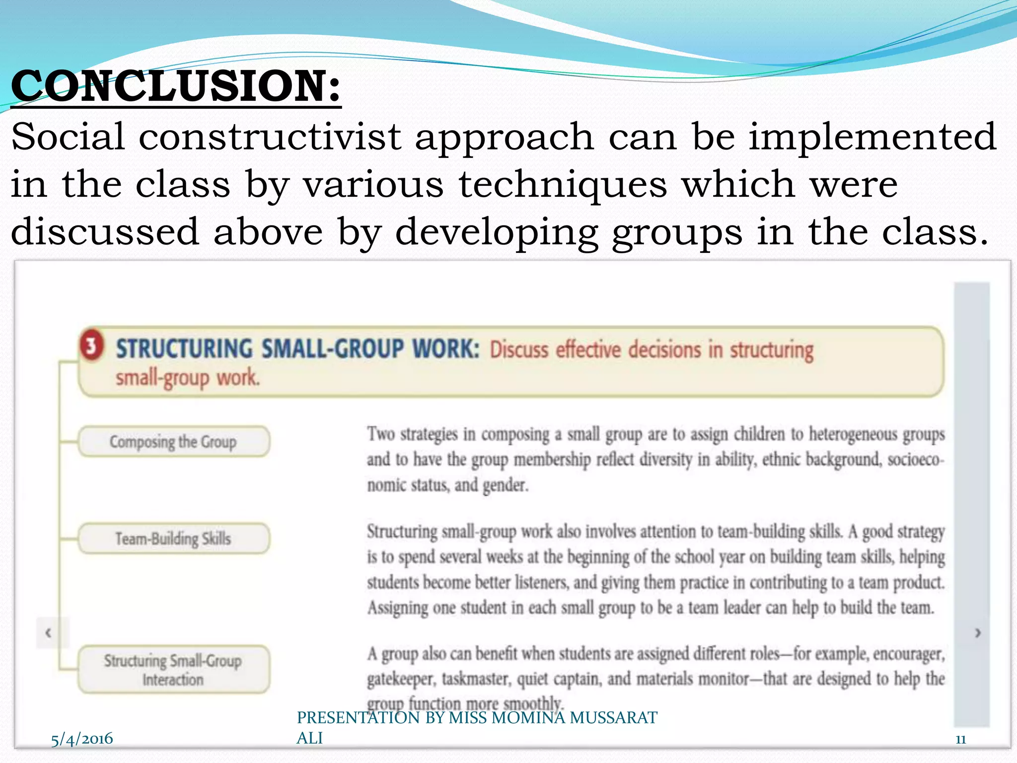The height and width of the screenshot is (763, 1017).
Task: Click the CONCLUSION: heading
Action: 176,86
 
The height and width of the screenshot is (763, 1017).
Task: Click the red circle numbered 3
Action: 91,345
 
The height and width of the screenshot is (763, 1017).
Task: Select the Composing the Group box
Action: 173,442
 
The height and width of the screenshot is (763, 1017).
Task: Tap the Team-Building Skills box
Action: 173,538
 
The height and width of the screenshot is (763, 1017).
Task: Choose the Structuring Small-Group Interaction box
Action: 173,670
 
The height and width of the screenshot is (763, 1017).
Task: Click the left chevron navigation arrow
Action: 48,633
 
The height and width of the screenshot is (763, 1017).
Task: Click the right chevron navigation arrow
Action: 978,633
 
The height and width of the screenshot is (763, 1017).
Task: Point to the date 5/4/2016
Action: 82,739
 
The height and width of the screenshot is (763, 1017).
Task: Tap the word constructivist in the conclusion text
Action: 270,137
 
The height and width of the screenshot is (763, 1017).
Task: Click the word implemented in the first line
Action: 872,137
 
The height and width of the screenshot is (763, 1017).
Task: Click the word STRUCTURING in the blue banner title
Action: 184,349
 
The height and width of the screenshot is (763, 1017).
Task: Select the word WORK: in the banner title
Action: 446,349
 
